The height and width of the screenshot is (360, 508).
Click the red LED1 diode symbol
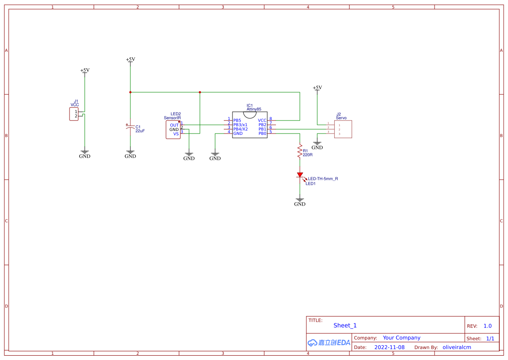(300, 175)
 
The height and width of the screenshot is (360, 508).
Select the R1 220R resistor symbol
(299, 151)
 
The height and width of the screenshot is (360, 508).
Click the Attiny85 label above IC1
(254, 110)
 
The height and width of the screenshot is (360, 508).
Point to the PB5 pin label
(237, 120)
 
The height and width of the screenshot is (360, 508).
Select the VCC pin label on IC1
(262, 120)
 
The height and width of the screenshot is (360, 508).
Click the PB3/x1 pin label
(240, 125)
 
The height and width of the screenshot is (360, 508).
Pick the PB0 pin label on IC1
(262, 133)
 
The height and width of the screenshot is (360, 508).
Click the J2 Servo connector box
(343, 129)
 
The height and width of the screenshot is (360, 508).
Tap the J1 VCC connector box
(73, 114)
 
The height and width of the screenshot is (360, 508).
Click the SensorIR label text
(172, 118)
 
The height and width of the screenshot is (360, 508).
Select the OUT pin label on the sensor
(174, 125)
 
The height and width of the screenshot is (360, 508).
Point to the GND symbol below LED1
(300, 202)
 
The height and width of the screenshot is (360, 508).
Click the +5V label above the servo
(317, 88)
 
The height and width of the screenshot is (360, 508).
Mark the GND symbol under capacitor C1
(130, 154)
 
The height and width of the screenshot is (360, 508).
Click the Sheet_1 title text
(345, 325)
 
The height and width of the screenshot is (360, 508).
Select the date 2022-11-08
(389, 347)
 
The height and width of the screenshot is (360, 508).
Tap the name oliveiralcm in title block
(457, 347)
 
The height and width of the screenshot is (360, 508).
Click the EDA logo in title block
(329, 343)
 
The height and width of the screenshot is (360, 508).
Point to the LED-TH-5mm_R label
(323, 179)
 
